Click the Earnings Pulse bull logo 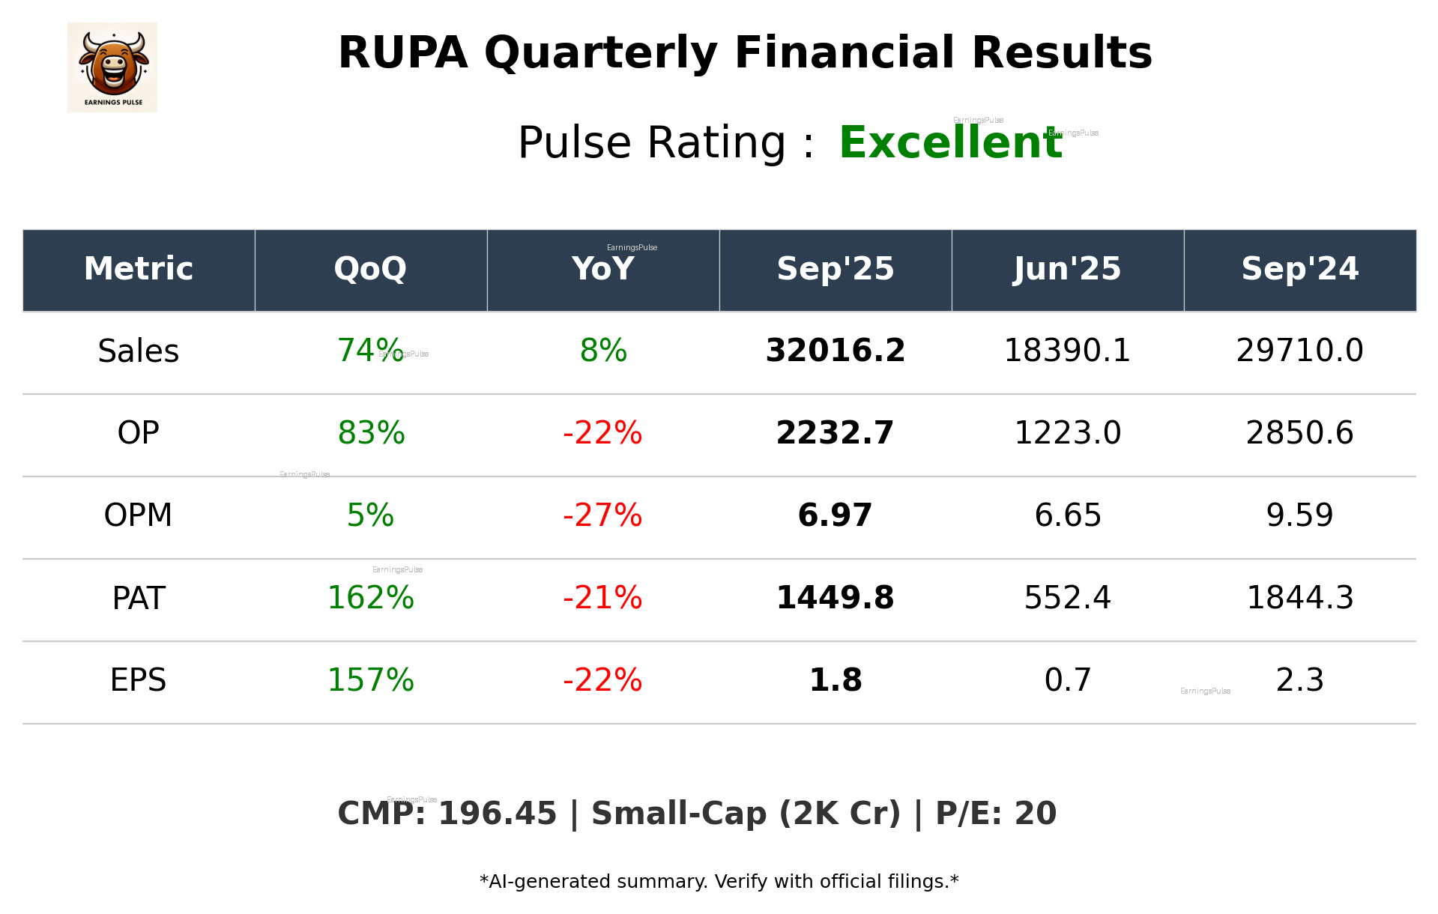(x=112, y=67)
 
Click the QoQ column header (x=370, y=269)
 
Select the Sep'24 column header (x=1299, y=269)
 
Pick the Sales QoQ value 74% (x=370, y=351)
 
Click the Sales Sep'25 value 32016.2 (x=835, y=351)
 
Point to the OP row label (x=139, y=433)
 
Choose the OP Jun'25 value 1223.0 (x=1067, y=433)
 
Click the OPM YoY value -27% (x=602, y=515)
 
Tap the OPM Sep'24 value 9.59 (x=1299, y=515)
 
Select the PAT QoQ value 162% (x=370, y=598)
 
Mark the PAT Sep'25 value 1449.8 (x=835, y=598)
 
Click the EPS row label (x=139, y=680)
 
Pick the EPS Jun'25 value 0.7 (x=1067, y=680)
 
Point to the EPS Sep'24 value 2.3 (x=1299, y=680)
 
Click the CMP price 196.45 (x=497, y=814)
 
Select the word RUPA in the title (x=402, y=53)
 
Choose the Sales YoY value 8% (x=602, y=351)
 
